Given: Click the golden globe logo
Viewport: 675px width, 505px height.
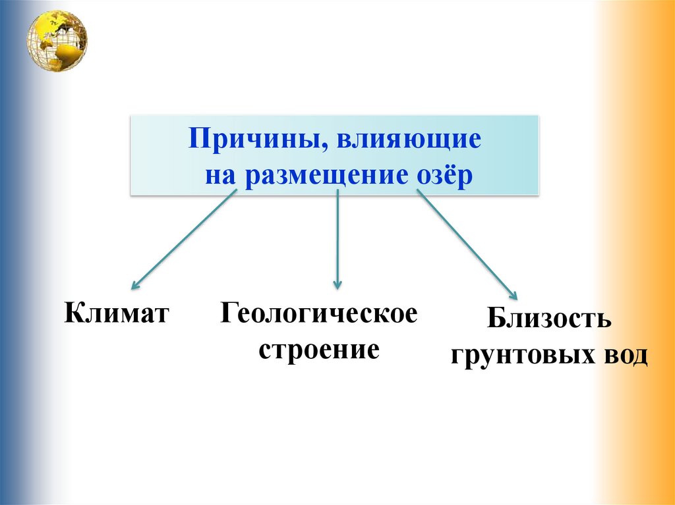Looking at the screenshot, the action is point(57,40).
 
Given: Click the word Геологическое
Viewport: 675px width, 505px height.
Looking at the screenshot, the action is point(319,313).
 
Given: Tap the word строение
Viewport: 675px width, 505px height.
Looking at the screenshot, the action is point(319,349).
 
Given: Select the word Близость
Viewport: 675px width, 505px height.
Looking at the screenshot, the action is point(550,321).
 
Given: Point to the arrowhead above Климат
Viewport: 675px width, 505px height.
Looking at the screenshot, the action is point(135,286).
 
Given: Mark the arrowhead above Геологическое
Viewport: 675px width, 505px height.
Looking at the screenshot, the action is point(337,285).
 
